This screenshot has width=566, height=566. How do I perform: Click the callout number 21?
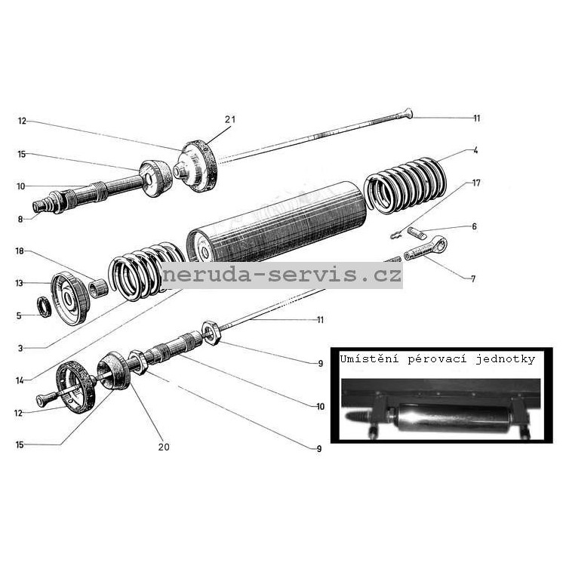tap(230, 119)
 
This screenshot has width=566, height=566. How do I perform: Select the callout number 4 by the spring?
tap(475, 150)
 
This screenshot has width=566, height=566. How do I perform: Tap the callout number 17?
tap(476, 183)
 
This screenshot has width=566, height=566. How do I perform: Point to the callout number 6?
tap(475, 226)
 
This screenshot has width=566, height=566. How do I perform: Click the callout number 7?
tap(473, 278)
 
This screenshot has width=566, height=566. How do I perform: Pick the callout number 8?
tap(20, 219)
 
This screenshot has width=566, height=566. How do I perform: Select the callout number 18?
tap(20, 251)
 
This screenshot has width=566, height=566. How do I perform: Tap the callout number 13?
tap(19, 283)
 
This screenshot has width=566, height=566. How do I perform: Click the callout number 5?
tap(19, 316)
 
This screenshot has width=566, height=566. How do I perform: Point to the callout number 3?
tap(20, 349)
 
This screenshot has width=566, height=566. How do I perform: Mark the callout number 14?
tap(20, 380)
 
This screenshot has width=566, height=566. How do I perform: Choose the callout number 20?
tap(164, 447)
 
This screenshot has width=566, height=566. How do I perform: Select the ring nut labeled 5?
tap(45, 306)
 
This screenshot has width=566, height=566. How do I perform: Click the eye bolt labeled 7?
tap(426, 249)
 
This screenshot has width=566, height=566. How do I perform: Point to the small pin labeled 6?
tap(417, 232)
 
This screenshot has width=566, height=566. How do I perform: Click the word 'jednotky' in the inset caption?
tap(505, 359)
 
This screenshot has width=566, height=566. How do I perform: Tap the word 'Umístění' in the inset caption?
tap(369, 358)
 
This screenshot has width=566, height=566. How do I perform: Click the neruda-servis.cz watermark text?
tap(282, 275)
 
